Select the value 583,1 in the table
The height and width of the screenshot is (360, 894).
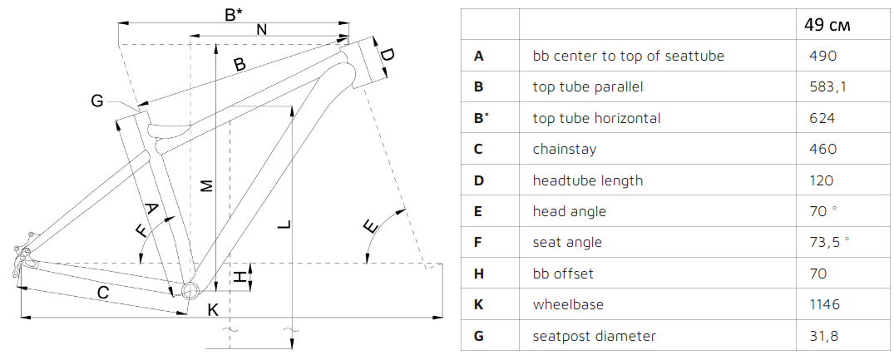[x=827, y=86]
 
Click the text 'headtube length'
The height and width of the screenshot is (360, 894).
[x=587, y=180]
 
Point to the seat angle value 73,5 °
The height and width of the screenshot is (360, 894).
[x=829, y=242]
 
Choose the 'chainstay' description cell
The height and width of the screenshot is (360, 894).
[x=564, y=150]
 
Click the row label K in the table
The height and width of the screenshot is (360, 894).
[x=478, y=304]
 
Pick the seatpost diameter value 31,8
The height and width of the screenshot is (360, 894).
[x=823, y=336]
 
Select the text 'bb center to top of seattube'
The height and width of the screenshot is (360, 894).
[x=628, y=56]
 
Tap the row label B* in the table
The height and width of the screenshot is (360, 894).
[x=480, y=118]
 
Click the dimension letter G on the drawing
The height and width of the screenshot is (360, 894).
[x=97, y=101]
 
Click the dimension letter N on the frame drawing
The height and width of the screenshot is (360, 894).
[x=261, y=30]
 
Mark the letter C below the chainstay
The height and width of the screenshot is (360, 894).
[x=104, y=293]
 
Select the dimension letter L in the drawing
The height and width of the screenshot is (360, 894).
[x=284, y=225]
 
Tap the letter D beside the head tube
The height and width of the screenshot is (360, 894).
[x=387, y=56]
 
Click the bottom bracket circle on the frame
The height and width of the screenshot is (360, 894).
[x=190, y=290]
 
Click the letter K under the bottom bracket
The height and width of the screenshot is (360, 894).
[x=213, y=309]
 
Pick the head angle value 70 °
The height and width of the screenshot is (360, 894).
[x=821, y=211]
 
